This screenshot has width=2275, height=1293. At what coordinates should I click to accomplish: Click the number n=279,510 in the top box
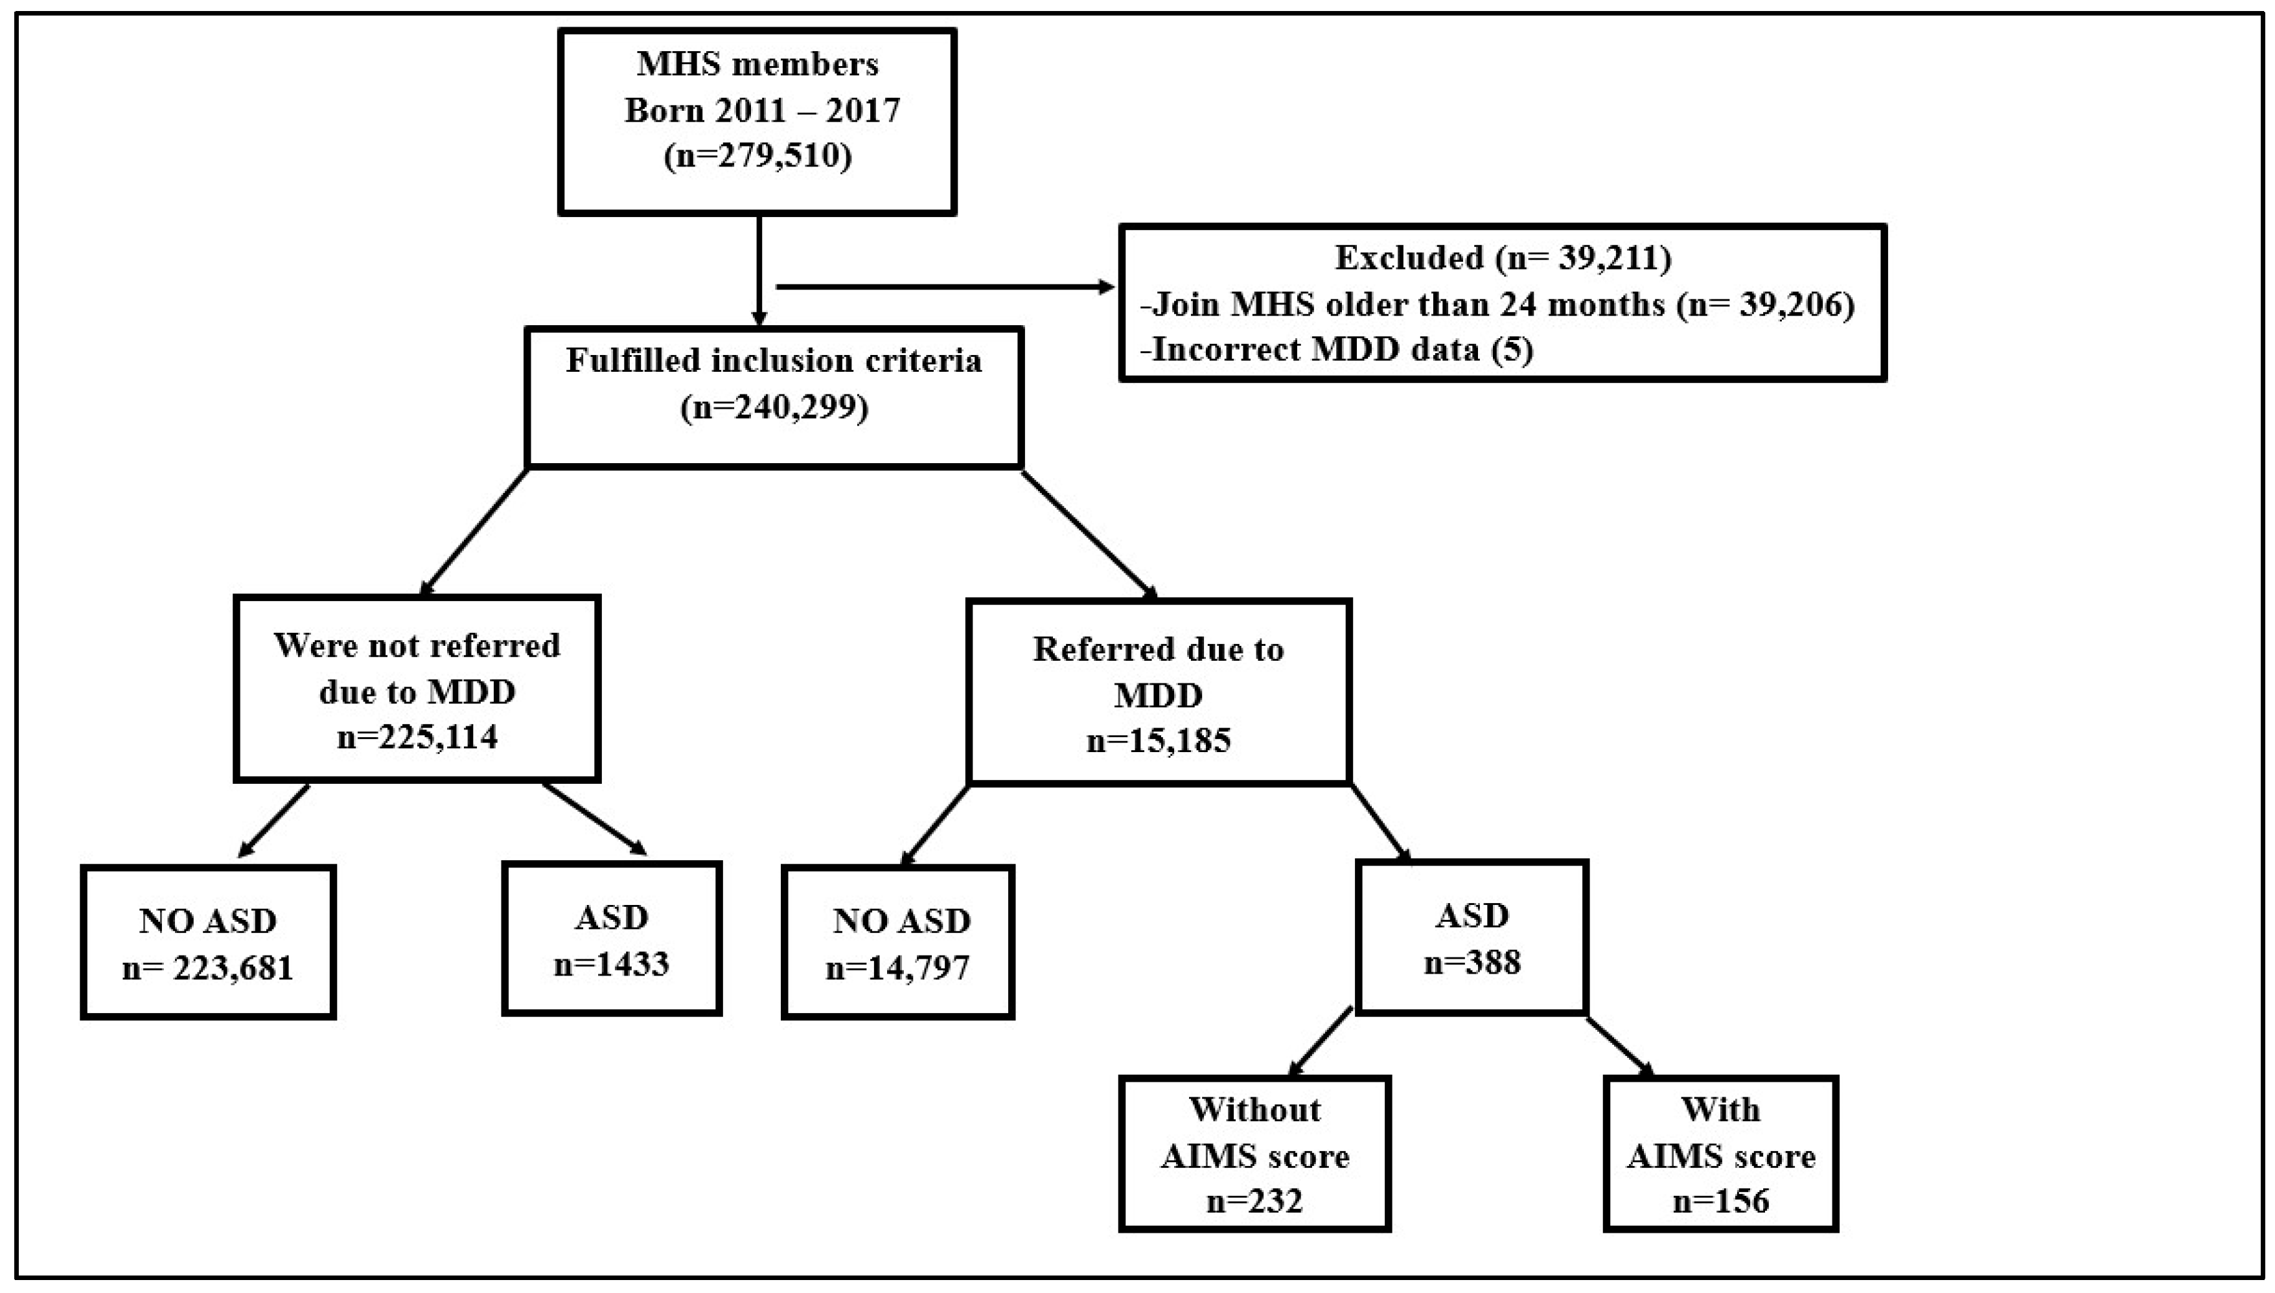(757, 155)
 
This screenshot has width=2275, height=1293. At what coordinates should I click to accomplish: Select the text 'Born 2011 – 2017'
(762, 110)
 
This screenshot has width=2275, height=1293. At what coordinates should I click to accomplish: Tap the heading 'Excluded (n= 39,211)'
(1503, 258)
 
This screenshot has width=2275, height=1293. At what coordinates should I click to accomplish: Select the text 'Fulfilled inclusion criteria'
(774, 361)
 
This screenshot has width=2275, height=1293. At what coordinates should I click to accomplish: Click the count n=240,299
(774, 407)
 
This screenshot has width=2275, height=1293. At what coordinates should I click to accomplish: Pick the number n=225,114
(417, 736)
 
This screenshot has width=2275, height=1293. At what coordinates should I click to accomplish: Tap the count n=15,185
(1158, 740)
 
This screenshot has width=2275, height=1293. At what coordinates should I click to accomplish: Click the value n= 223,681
(208, 967)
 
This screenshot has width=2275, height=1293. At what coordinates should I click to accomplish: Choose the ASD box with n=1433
(611, 939)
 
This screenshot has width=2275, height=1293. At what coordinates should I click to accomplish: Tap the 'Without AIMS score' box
(1254, 1154)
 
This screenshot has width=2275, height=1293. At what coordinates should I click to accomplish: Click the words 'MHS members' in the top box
(757, 64)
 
